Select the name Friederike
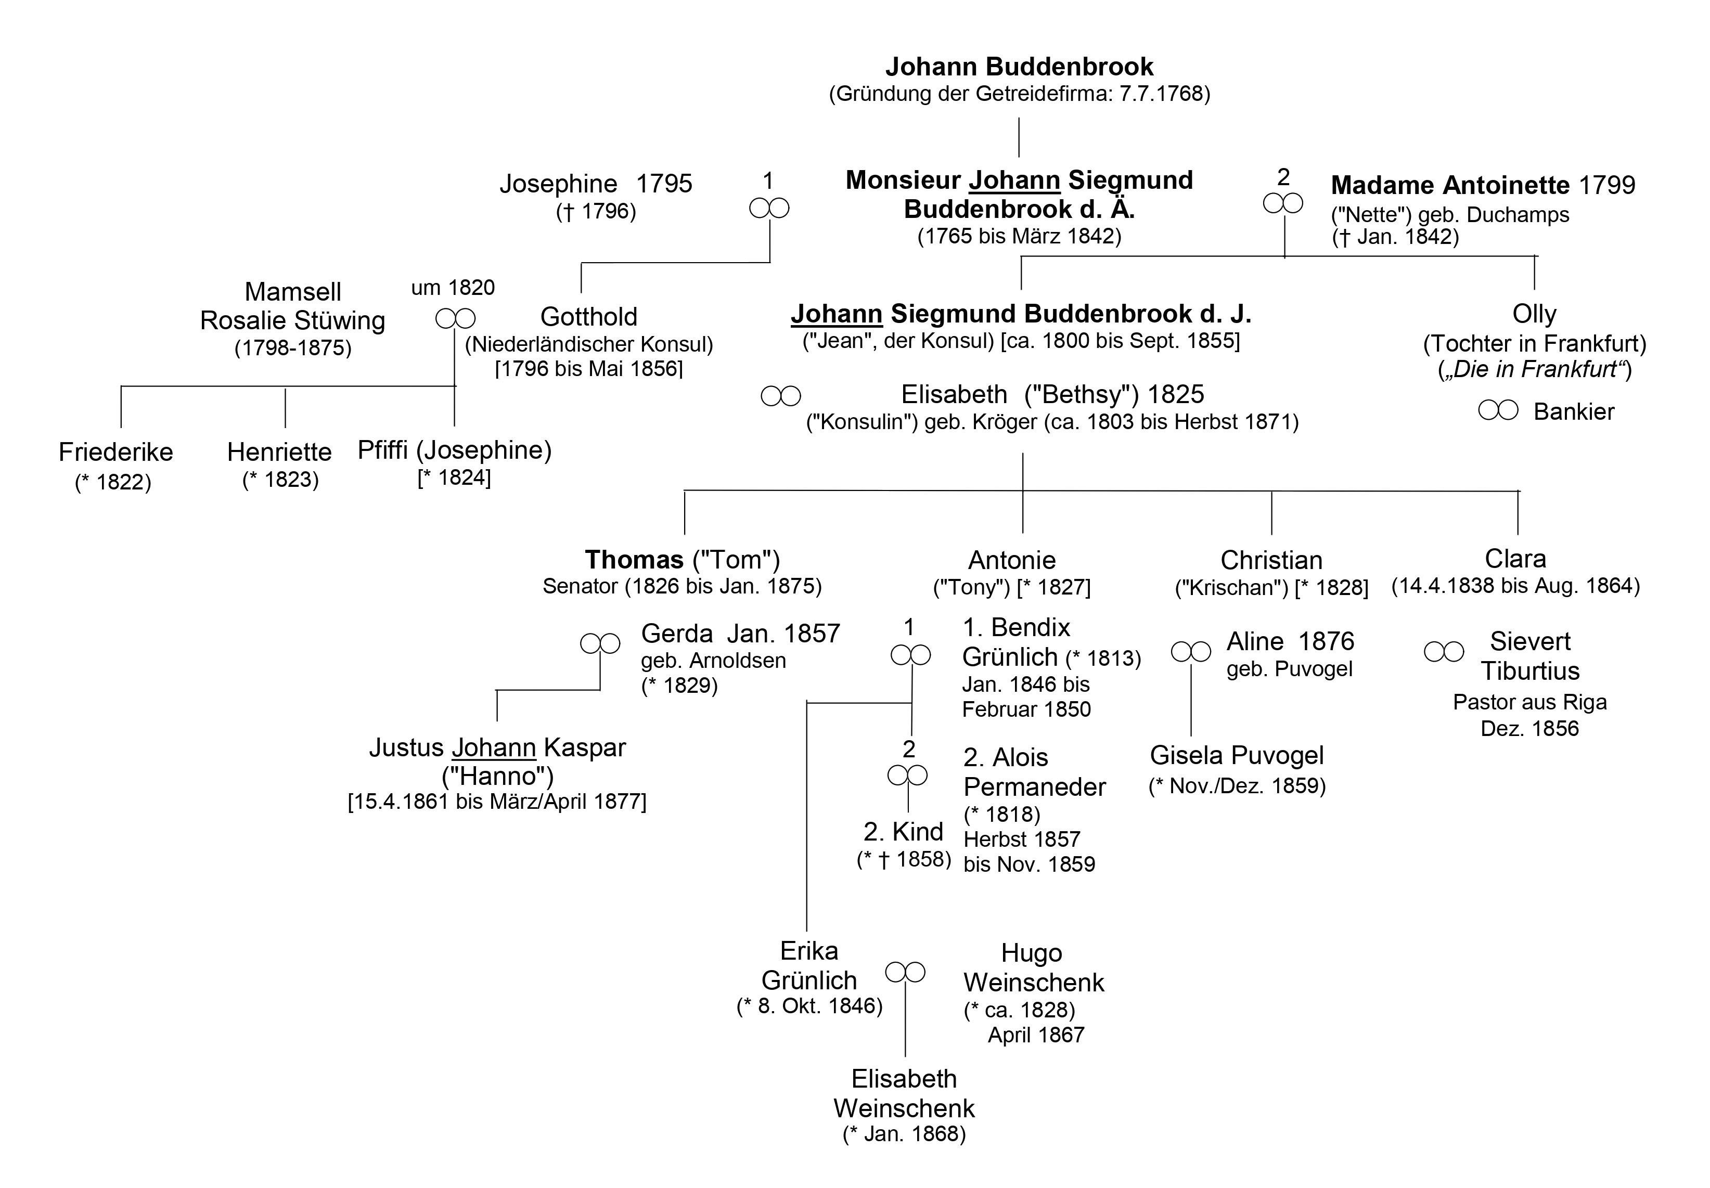coord(115,452)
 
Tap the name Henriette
coord(279,452)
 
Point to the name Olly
coord(1534,314)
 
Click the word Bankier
coord(1573,411)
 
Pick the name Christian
coord(1271,560)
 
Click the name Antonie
coord(1012,560)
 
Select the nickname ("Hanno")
coord(497,777)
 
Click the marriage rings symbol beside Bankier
coord(1497,410)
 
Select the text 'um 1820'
coord(453,287)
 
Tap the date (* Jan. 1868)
coord(904,1134)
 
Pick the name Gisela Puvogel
coord(1237,756)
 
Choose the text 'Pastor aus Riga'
coord(1529,702)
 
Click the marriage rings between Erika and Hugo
coord(905,972)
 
